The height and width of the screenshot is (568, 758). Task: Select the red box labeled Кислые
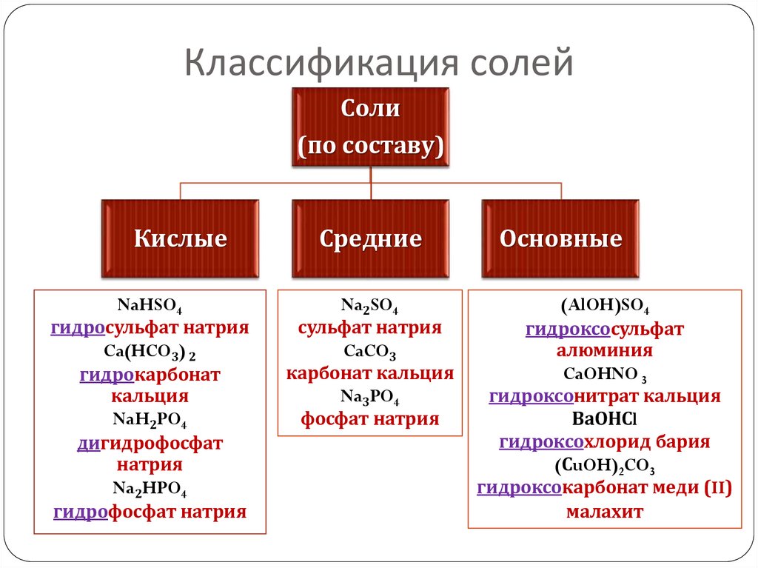180,239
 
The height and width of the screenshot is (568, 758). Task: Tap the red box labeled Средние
370,239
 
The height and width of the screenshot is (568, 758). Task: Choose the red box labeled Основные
560,239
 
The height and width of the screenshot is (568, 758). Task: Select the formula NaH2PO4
150,421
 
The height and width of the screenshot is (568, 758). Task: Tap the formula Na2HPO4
150,490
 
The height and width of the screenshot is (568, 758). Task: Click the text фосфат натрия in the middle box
370,420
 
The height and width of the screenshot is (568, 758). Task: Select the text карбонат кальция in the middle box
370,373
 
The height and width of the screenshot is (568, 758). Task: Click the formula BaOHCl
605,420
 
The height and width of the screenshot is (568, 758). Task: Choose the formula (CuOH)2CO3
605,466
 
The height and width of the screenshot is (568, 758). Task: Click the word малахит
605,511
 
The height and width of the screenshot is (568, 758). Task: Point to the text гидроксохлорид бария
605,443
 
